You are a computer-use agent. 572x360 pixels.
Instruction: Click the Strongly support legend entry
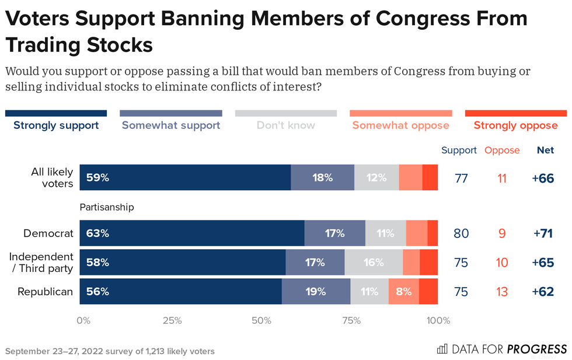[56, 125]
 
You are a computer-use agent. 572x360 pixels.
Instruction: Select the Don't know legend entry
[286, 125]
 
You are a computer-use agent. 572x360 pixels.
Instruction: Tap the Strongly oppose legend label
[515, 125]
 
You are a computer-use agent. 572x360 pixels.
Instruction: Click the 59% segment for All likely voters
[185, 177]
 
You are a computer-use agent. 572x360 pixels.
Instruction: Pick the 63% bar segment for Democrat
[192, 233]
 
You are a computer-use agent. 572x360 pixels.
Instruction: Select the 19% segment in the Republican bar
[316, 291]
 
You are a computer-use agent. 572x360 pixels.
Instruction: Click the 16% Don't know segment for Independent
[373, 263]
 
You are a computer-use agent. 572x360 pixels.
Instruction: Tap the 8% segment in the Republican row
[403, 291]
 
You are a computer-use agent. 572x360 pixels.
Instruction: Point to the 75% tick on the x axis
[351, 320]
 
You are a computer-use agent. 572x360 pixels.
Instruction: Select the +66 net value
[542, 178]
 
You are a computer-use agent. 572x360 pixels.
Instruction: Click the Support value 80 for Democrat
[461, 233]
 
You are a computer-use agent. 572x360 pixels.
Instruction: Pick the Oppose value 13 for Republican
[502, 292]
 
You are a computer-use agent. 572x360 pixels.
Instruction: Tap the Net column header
[545, 150]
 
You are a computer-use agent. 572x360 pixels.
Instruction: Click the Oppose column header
[502, 150]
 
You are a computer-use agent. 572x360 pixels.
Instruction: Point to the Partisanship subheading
[107, 207]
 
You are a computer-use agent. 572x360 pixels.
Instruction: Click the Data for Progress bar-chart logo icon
[442, 349]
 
